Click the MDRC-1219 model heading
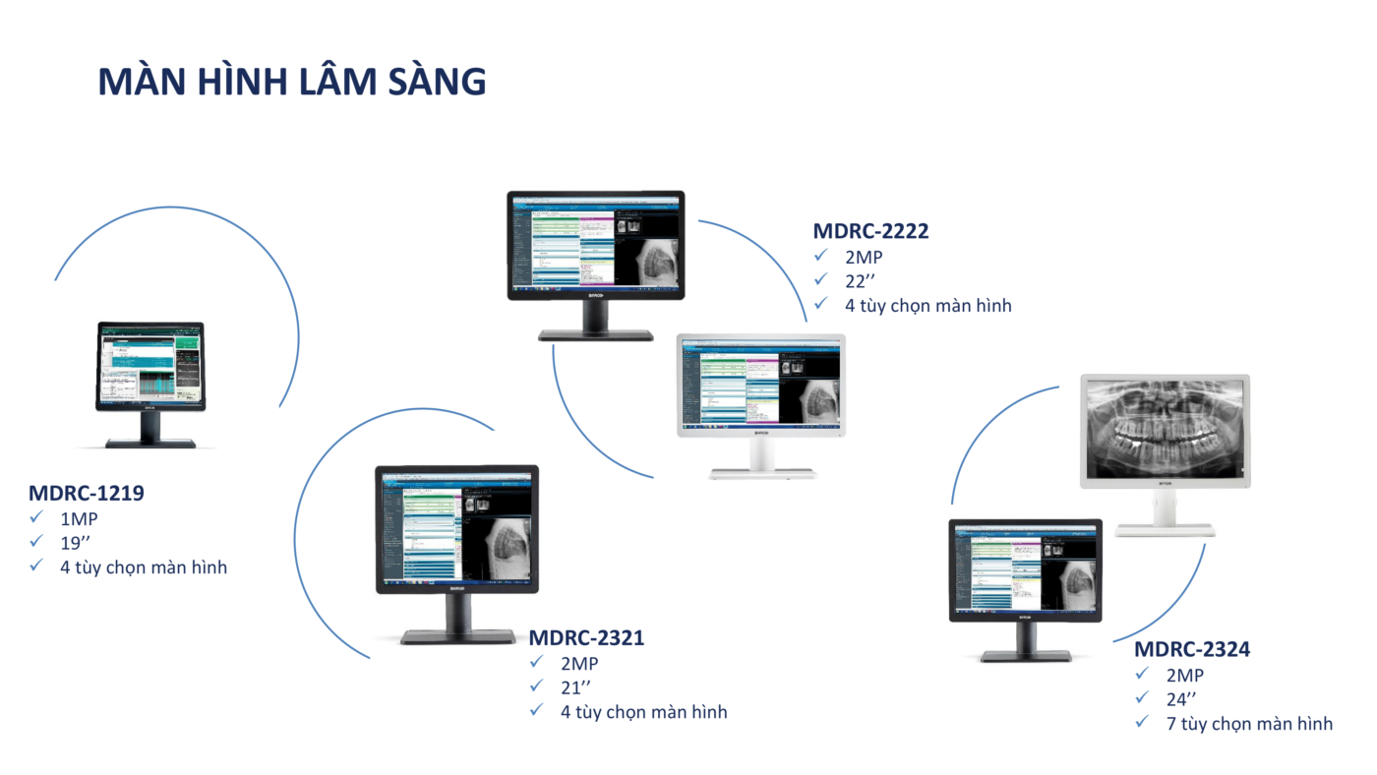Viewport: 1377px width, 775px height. (x=87, y=493)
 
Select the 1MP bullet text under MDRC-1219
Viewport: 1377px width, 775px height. (x=79, y=518)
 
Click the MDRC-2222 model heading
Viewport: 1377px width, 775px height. (x=870, y=231)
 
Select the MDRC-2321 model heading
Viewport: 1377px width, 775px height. (x=586, y=637)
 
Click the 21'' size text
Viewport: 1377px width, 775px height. (x=576, y=686)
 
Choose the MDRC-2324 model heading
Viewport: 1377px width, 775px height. (x=1192, y=649)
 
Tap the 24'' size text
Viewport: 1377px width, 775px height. (x=1182, y=699)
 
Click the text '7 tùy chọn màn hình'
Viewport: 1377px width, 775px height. (x=1249, y=724)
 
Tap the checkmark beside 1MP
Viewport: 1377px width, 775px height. (x=36, y=517)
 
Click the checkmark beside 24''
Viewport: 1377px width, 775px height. (x=1142, y=698)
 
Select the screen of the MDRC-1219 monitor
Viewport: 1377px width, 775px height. (x=150, y=364)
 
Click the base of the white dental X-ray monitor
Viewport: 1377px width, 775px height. (x=1165, y=530)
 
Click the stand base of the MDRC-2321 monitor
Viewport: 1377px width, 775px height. (x=457, y=637)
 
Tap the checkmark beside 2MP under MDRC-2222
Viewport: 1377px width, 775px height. (x=821, y=256)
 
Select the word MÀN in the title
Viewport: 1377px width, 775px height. (x=142, y=82)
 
